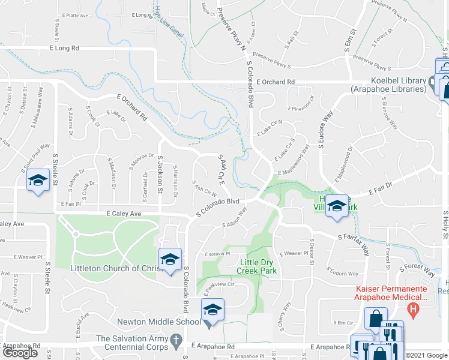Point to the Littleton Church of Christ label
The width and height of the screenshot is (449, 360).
(117, 268)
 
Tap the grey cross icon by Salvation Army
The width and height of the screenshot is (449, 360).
(176, 341)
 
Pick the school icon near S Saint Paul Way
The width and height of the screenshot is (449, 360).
(37, 180)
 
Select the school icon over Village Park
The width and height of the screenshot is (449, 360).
(337, 206)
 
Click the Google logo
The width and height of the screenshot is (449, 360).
(20, 352)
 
